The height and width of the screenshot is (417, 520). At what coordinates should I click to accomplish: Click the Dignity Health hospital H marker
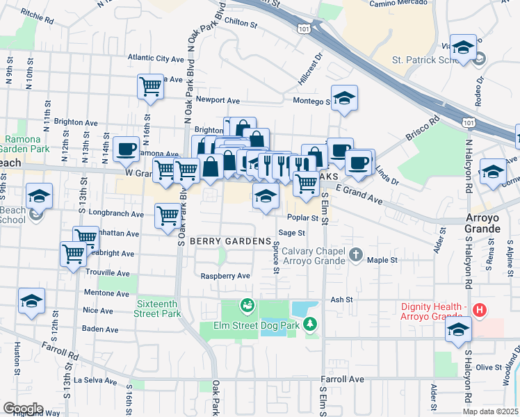[478, 309]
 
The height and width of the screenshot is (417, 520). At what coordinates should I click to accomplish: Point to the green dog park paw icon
[246, 305]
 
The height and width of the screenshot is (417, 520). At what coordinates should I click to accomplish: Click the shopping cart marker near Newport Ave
[150, 86]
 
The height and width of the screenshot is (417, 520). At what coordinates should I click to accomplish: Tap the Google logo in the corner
[23, 408]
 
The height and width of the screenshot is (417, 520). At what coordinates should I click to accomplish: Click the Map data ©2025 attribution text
[489, 411]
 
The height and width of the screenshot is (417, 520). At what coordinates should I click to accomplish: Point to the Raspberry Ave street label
[225, 276]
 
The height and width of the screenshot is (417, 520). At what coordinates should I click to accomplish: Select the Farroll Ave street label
[342, 379]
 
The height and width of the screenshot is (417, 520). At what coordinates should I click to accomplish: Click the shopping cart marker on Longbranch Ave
[168, 215]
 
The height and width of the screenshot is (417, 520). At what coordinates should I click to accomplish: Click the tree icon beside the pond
[310, 323]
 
